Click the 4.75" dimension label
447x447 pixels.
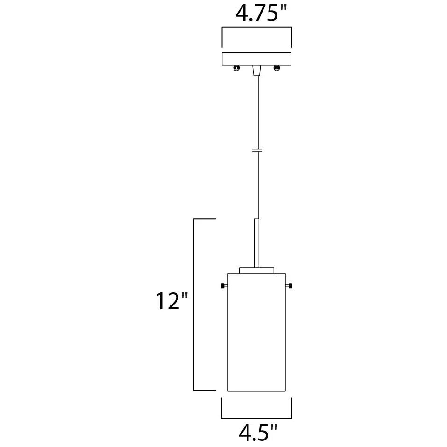[x=261, y=14]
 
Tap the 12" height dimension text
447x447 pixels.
[x=172, y=301]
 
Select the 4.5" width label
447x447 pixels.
[x=258, y=433]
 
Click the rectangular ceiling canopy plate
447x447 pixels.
[x=256, y=59]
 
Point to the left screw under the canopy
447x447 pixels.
[x=237, y=68]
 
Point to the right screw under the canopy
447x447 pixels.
[x=277, y=68]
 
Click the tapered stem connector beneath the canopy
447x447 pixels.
[x=256, y=71]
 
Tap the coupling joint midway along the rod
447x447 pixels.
[x=256, y=150]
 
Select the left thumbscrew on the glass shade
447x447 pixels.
[x=224, y=285]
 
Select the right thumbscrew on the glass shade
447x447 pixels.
[x=289, y=285]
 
